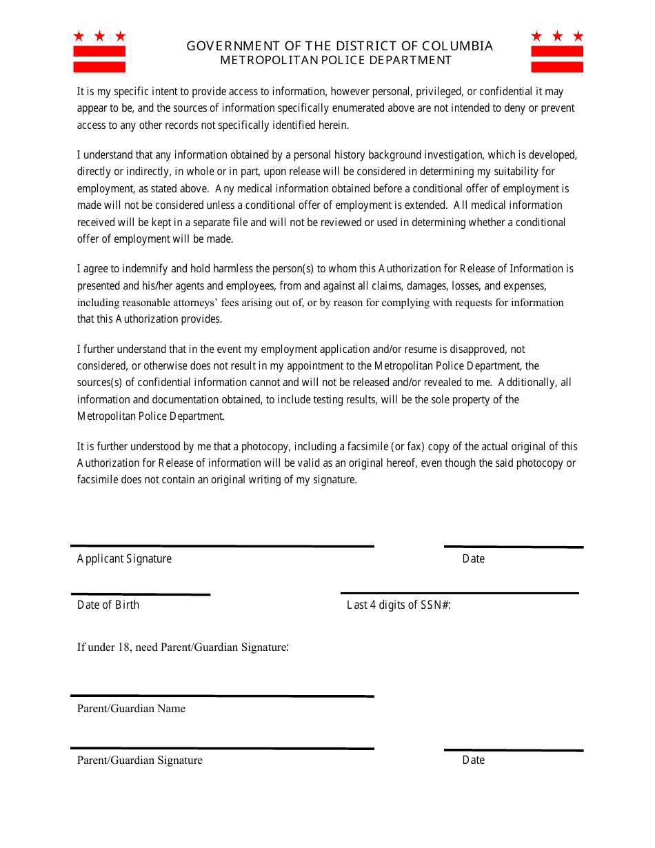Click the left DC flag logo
(x=99, y=52)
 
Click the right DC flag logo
(x=557, y=52)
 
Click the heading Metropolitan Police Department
(x=336, y=60)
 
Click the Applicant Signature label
(x=124, y=558)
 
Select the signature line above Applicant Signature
(x=222, y=547)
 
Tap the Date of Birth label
(x=108, y=605)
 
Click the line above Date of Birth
(x=141, y=594)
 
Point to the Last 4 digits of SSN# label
(x=399, y=605)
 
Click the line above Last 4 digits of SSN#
(x=459, y=593)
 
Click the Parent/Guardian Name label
(x=131, y=708)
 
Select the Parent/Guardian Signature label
(x=140, y=760)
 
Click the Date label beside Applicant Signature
(x=474, y=558)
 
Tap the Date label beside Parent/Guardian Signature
(x=474, y=760)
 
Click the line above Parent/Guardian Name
(x=222, y=696)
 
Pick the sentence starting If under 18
(x=183, y=647)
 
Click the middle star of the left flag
(x=99, y=36)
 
